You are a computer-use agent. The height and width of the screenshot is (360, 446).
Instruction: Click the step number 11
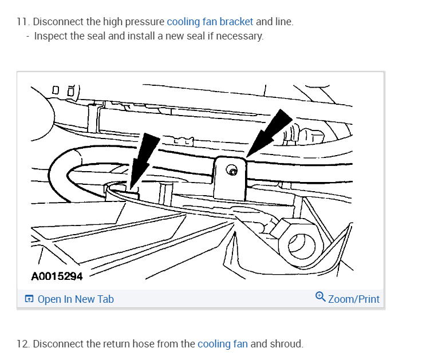click(22, 22)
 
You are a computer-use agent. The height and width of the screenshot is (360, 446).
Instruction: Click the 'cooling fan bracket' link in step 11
click(210, 22)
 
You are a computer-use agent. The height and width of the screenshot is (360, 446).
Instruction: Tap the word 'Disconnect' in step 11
click(57, 22)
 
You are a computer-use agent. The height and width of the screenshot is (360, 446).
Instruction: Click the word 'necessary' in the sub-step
click(242, 36)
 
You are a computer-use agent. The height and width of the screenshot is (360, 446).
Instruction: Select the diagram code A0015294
click(57, 276)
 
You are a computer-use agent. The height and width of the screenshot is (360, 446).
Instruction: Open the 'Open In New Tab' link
click(76, 299)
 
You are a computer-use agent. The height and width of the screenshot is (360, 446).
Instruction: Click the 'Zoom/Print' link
click(353, 299)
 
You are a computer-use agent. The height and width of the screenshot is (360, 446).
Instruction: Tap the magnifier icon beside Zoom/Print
click(321, 297)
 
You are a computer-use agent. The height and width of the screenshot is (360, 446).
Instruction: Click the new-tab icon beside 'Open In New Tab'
click(29, 299)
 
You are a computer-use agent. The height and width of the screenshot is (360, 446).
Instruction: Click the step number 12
click(22, 344)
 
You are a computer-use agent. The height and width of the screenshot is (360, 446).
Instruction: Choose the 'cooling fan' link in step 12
click(222, 344)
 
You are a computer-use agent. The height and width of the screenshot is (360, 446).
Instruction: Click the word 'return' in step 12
click(115, 344)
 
